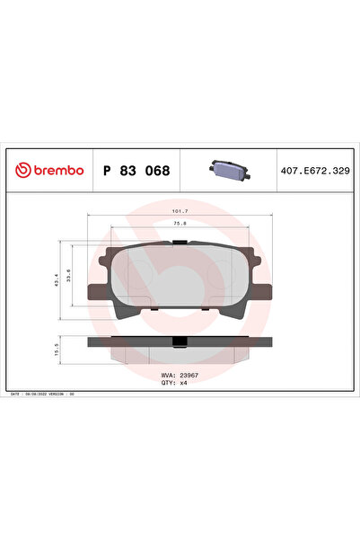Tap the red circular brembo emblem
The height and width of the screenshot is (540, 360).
click(21, 170)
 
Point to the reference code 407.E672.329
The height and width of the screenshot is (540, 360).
click(316, 170)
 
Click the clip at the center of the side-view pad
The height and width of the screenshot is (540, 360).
click(180, 341)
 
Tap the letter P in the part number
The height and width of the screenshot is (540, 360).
click(108, 170)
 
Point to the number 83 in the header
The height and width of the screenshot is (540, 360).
click(129, 170)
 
